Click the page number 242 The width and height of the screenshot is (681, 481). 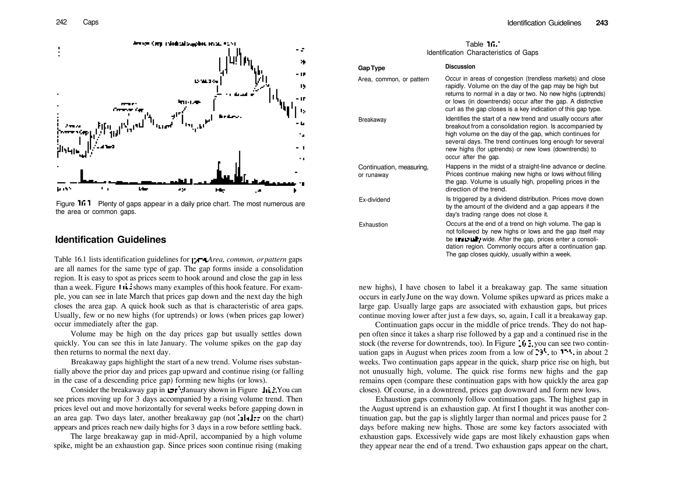pos(61,22)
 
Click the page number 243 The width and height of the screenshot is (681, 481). pos(602,23)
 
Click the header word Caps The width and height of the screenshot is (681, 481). pos(91,22)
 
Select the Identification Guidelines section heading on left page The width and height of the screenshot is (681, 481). pos(110,240)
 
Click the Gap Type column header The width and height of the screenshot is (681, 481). pos(371,68)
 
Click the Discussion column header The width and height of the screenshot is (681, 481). pos(460,66)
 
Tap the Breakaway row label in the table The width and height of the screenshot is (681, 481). pos(372,120)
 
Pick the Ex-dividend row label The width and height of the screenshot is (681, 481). pos(374,200)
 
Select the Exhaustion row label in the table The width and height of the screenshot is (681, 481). pos(373,225)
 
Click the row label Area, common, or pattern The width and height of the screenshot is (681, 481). pos(393,79)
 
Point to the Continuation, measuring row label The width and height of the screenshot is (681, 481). pos(393,167)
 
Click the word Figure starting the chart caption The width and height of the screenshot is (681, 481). pos(65,204)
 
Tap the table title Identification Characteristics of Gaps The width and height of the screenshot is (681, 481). pos(482,53)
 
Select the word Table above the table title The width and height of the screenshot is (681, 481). pos(474,44)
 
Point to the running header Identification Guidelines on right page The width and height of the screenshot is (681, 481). pos(544,23)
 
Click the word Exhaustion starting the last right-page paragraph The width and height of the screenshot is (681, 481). pos(392,399)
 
